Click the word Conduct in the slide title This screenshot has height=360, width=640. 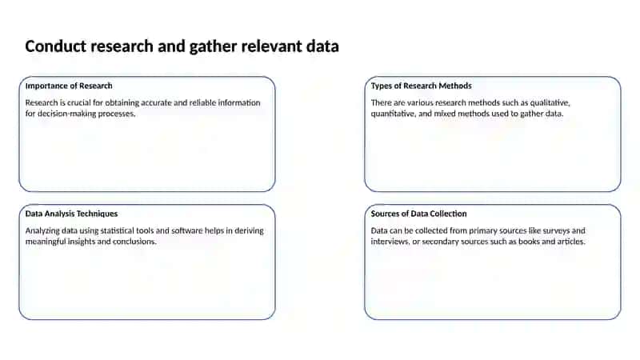tap(56, 46)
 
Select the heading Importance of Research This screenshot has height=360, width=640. tap(69, 86)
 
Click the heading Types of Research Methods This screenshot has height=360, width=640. tap(422, 86)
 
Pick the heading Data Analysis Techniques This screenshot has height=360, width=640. tap(71, 214)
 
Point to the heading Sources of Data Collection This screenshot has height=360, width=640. tap(418, 214)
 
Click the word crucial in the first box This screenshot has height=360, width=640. tap(78, 102)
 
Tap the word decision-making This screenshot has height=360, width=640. tap(68, 114)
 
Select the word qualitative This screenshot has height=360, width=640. tap(550, 103)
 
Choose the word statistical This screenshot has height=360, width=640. tap(117, 230)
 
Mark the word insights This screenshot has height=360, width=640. tap(82, 242)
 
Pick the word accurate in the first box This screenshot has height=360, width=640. tap(156, 102)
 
